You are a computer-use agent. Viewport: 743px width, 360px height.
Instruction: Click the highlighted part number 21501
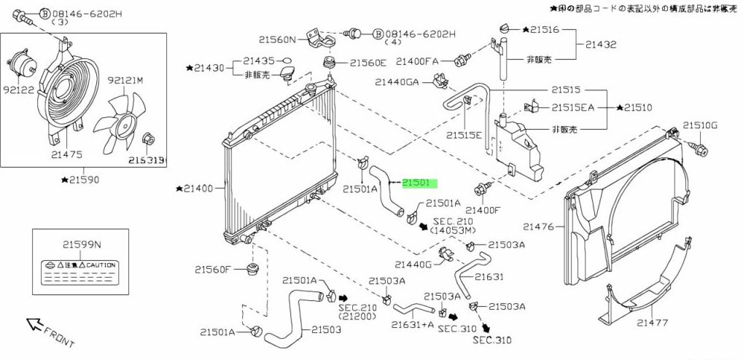click(419, 183)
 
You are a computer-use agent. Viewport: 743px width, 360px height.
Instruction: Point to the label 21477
click(650, 322)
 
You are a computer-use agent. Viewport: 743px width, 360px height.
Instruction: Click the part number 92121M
click(125, 80)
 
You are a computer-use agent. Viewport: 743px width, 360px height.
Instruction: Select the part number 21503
click(327, 329)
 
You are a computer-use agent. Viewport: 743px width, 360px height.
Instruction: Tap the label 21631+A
click(413, 324)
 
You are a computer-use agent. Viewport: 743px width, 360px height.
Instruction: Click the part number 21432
click(600, 44)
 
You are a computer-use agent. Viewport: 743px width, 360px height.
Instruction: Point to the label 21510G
click(700, 125)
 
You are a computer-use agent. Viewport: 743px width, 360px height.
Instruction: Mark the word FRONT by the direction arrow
click(59, 334)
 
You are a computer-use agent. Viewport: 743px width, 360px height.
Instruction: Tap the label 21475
click(66, 154)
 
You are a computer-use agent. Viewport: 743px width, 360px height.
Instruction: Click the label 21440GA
click(397, 82)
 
